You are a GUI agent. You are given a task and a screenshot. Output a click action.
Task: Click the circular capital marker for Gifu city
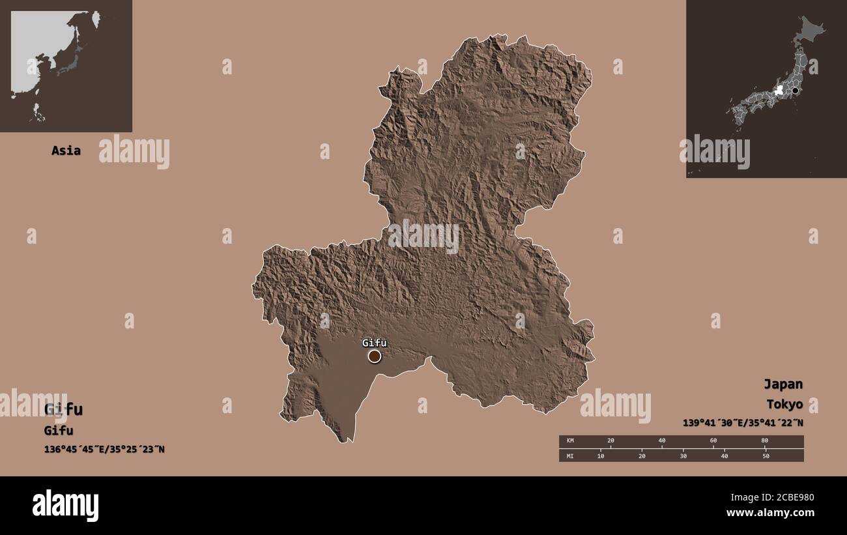[x=374, y=356]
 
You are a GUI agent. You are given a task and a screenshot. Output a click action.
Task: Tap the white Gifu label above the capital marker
[x=375, y=343]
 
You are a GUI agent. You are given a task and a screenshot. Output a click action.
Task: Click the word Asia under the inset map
[x=66, y=151]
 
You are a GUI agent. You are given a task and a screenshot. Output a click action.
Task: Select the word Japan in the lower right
[x=783, y=384]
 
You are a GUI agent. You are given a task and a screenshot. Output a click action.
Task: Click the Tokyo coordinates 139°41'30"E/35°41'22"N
[x=743, y=422]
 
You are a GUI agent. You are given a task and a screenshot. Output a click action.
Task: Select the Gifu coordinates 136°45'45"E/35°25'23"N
[x=104, y=449]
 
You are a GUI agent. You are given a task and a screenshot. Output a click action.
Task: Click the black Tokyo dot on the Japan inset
[x=795, y=91]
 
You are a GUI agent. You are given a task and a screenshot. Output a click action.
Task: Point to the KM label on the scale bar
[x=571, y=441]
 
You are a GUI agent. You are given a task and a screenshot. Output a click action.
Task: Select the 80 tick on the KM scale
[x=765, y=441]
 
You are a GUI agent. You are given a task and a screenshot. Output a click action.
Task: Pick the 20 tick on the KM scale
[x=610, y=441]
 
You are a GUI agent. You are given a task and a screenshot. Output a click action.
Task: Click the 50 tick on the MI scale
[x=766, y=455]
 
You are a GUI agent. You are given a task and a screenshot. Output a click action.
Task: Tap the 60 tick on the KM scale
[x=713, y=441]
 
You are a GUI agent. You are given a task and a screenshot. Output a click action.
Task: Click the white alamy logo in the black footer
[x=66, y=506]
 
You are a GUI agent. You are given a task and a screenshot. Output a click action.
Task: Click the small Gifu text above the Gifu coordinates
[x=59, y=430]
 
